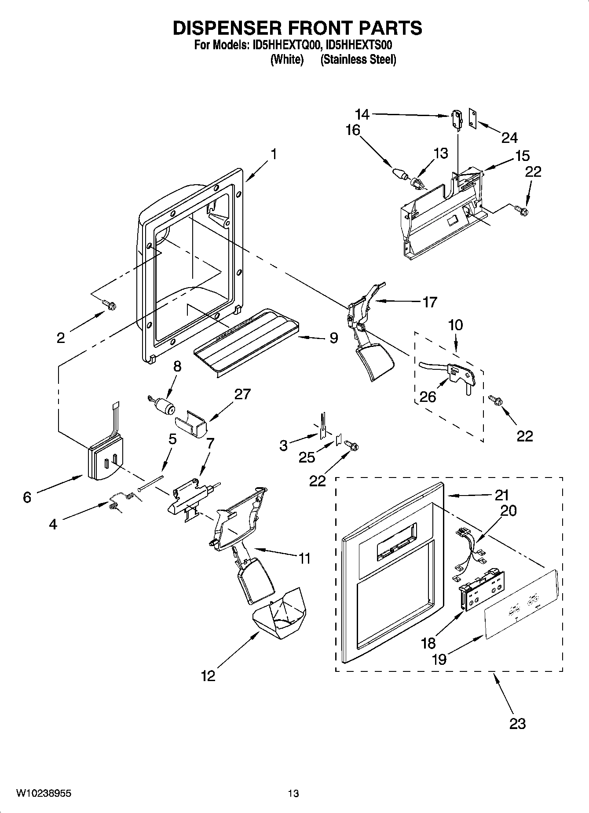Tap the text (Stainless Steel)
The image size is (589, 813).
pyautogui.click(x=358, y=59)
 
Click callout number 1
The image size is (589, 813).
pyautogui.click(x=274, y=154)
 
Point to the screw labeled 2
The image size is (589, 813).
pyautogui.click(x=109, y=304)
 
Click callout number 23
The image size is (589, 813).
pyautogui.click(x=517, y=723)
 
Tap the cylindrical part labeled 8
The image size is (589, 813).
pyautogui.click(x=164, y=405)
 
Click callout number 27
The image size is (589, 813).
pyautogui.click(x=242, y=394)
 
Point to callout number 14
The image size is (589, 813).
pyautogui.click(x=362, y=115)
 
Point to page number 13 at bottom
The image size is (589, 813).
pyautogui.click(x=293, y=793)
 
